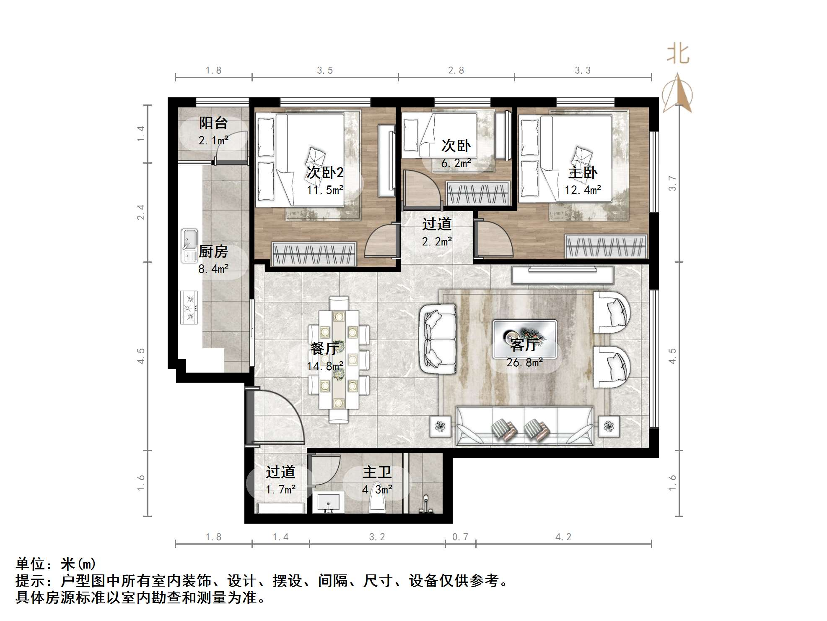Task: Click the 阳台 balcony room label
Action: pyautogui.click(x=213, y=123)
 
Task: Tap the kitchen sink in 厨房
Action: pyautogui.click(x=189, y=245)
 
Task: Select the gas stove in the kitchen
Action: pyautogui.click(x=189, y=308)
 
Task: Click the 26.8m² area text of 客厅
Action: pyautogui.click(x=524, y=363)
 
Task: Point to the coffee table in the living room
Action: pyautogui.click(x=525, y=334)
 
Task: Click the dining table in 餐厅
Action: pyautogui.click(x=339, y=359)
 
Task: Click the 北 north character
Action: pyautogui.click(x=678, y=54)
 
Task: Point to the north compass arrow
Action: pyautogui.click(x=677, y=93)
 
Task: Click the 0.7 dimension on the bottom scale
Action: pyautogui.click(x=460, y=537)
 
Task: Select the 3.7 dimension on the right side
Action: pyautogui.click(x=672, y=183)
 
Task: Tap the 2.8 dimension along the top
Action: pyautogui.click(x=456, y=70)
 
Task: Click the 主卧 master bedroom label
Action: pyautogui.click(x=583, y=172)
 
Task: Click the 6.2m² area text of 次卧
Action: pyautogui.click(x=456, y=163)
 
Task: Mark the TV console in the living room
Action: pyautogui.click(x=563, y=275)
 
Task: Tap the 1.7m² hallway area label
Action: pyautogui.click(x=280, y=489)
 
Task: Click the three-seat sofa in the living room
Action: pyautogui.click(x=524, y=425)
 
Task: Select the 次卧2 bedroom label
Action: pyautogui.click(x=324, y=172)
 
